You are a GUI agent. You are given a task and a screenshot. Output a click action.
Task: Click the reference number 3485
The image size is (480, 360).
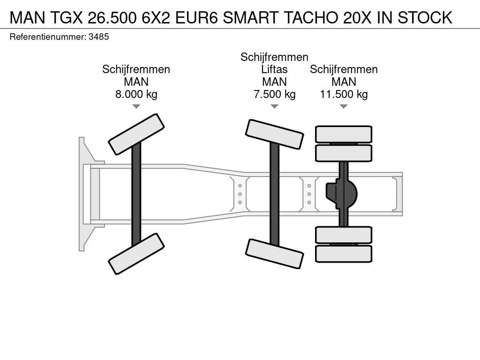(x=98, y=37)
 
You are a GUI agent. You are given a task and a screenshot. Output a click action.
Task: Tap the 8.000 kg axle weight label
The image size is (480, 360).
(x=136, y=94)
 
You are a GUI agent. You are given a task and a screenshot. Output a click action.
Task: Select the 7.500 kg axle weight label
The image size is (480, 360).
(x=275, y=94)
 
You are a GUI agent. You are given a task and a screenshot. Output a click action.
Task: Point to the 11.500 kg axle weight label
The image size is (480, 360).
(x=344, y=94)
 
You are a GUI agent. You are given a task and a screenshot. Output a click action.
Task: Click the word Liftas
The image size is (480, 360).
(x=274, y=69)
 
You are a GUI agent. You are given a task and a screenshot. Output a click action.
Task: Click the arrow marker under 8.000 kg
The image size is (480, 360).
(x=136, y=106)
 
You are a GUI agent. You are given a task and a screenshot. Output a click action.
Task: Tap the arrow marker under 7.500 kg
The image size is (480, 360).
(x=275, y=106)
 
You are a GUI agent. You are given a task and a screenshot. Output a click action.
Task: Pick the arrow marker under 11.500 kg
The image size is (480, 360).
(x=344, y=106)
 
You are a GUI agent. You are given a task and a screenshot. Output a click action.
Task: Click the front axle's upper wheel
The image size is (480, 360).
(x=136, y=134)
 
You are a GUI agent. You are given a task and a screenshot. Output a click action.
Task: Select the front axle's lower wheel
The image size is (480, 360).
(x=136, y=254)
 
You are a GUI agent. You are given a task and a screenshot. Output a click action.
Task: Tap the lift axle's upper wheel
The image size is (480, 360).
(x=275, y=134)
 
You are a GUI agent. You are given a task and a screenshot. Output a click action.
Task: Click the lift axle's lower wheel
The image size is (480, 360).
(x=275, y=254)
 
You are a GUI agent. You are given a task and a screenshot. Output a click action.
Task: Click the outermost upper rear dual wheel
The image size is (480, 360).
(x=344, y=135)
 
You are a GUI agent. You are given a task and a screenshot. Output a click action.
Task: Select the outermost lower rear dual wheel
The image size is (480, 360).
(x=344, y=254)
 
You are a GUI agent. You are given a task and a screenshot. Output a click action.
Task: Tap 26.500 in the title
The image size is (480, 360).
(x=112, y=17)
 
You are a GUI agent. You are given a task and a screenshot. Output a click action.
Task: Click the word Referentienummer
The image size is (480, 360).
(x=48, y=37)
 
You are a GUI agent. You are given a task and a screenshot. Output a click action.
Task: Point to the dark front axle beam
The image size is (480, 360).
(x=136, y=194)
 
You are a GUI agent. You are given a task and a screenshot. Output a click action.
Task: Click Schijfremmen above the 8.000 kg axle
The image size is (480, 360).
(x=136, y=69)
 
